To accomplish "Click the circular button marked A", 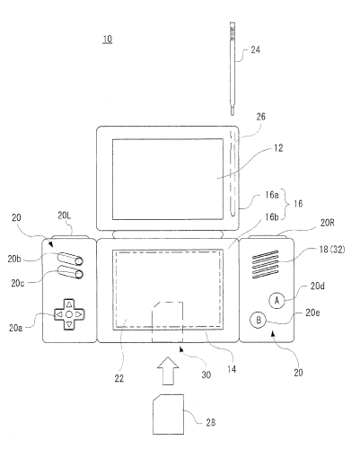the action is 277,300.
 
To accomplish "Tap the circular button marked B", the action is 259,320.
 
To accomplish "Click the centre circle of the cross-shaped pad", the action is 69,314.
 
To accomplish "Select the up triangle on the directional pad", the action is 69,304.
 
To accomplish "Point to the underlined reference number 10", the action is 108,40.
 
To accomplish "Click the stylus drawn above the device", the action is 233,68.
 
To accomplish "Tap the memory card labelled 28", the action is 168,414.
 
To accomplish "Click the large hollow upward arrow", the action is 168,371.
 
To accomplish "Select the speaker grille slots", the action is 266,264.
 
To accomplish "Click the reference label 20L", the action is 65,216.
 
